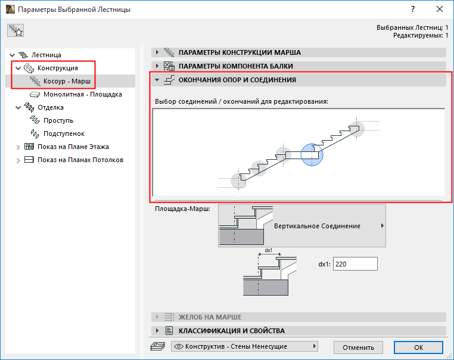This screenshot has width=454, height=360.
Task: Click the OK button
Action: [x=418, y=347]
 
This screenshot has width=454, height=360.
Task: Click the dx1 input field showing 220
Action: [x=355, y=264]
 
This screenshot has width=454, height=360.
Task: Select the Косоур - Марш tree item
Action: [x=67, y=81]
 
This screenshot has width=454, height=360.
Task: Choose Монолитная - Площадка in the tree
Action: [x=83, y=94]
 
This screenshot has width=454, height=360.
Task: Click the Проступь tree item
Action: [x=58, y=120]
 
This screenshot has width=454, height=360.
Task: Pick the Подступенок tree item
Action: [x=64, y=134]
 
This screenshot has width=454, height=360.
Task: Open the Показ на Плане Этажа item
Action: [x=73, y=147]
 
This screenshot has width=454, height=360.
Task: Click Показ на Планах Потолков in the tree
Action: [x=80, y=160]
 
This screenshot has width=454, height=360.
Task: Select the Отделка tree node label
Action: [x=51, y=107]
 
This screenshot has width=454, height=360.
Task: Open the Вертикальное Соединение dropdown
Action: [x=301, y=226]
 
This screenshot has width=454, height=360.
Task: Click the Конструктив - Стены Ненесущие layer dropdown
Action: [x=244, y=346]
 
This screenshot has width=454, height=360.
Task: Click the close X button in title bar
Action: [x=440, y=10]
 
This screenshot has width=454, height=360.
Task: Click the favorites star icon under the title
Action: [x=15, y=31]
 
